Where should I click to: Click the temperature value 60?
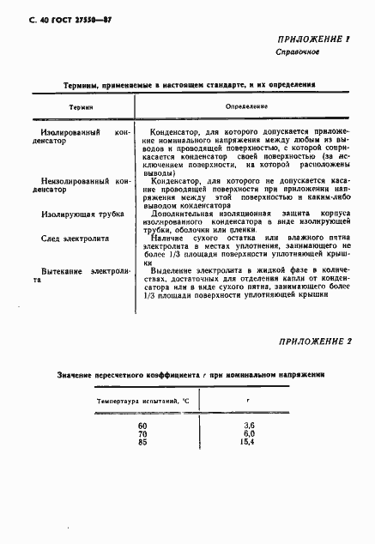tap(142, 426)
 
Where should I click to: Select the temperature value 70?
tap(142, 433)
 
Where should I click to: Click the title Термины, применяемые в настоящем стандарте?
tap(189, 86)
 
